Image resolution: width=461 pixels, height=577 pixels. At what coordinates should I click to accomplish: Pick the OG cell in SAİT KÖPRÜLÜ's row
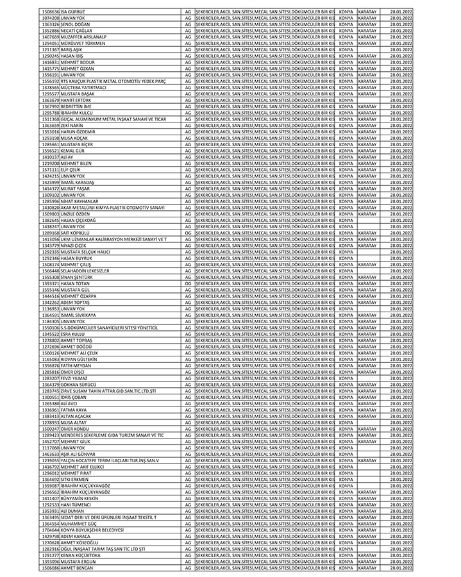[x=188, y=233]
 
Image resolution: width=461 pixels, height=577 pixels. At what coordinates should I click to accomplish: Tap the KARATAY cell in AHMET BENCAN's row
[x=367, y=568]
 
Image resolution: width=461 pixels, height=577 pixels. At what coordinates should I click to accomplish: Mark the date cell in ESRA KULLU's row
[x=401, y=334]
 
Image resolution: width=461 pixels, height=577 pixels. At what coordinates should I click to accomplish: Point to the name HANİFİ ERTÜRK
[x=76, y=100]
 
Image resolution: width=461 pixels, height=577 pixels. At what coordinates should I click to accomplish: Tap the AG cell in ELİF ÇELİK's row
[x=188, y=169]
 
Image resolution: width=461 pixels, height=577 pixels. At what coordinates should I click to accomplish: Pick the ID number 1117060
[x=49, y=447]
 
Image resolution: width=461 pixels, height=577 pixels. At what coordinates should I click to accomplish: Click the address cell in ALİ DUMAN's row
[x=265, y=511]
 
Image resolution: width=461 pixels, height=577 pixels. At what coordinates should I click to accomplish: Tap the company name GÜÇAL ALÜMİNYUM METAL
[x=109, y=119]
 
